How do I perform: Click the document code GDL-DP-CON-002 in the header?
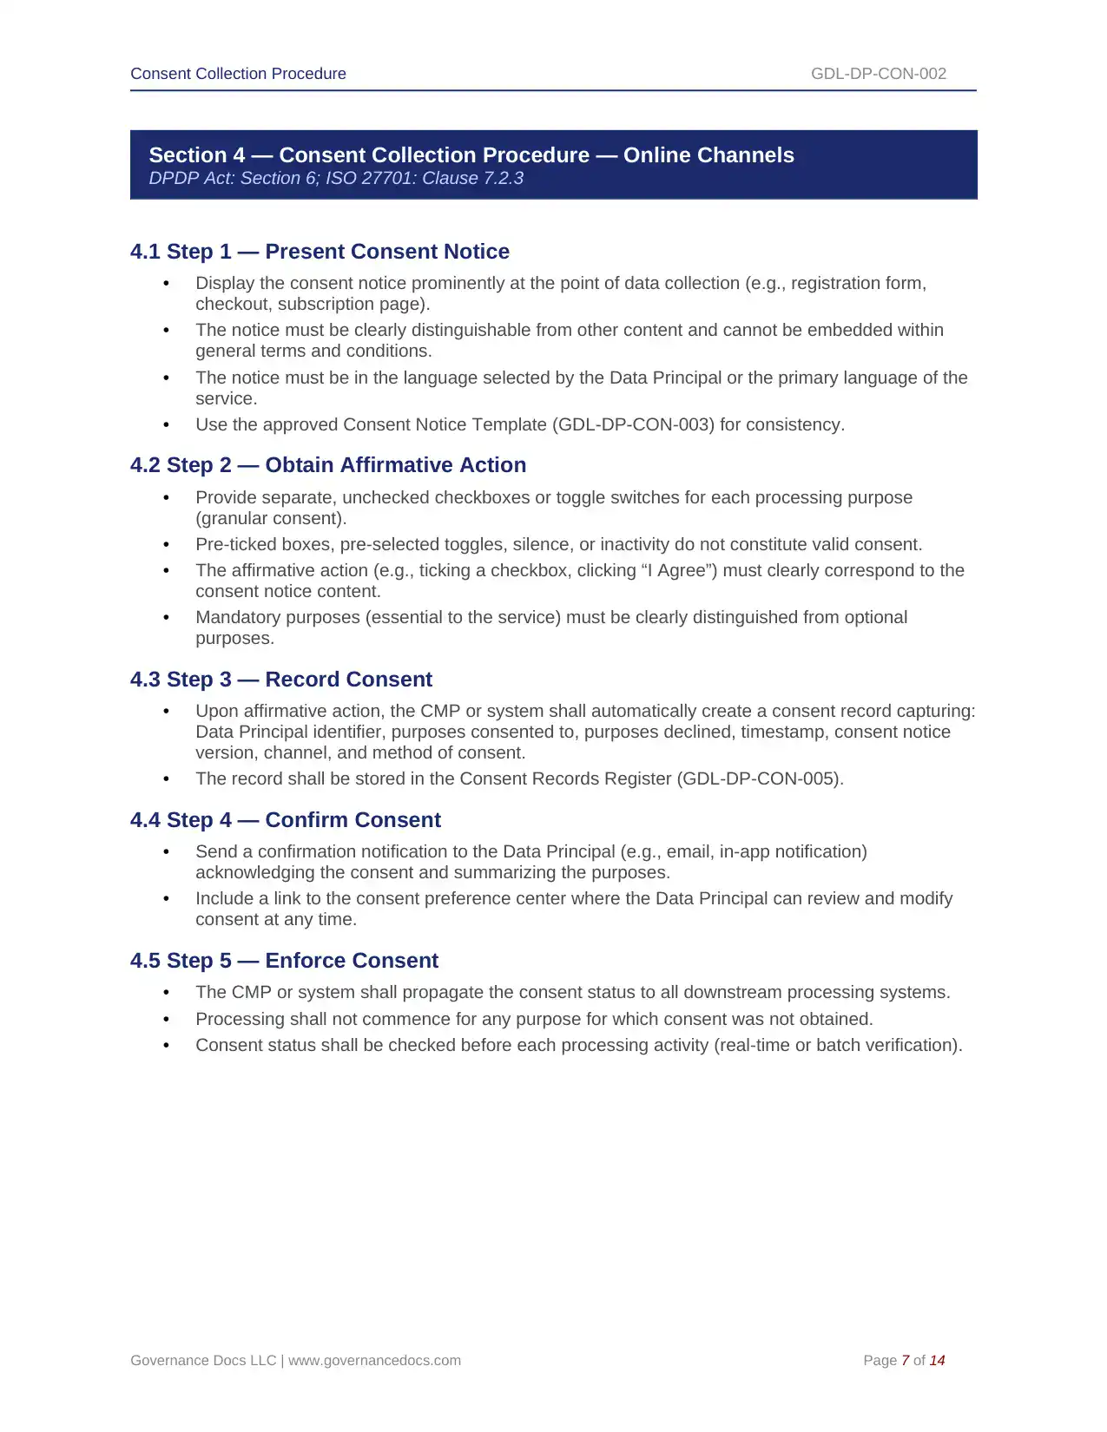click(x=878, y=74)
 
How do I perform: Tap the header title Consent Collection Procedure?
click(x=238, y=74)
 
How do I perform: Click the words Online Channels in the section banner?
click(x=708, y=155)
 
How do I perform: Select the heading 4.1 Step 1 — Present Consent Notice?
click(x=320, y=252)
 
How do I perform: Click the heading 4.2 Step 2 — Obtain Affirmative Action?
click(x=328, y=465)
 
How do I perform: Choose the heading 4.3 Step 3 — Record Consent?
click(x=281, y=680)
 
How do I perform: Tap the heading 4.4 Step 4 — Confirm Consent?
click(x=286, y=820)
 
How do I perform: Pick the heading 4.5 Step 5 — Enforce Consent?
click(x=284, y=961)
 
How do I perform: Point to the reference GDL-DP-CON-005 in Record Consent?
click(x=760, y=779)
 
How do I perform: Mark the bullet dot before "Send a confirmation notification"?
click(x=166, y=852)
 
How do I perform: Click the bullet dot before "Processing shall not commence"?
click(x=166, y=1020)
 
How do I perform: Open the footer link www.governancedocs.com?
click(x=374, y=1361)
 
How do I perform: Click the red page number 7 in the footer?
click(x=905, y=1361)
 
